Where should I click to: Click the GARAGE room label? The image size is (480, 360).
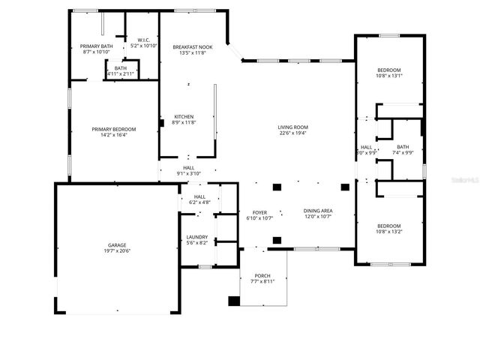(x=116, y=245)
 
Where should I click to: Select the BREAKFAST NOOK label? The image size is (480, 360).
(x=193, y=46)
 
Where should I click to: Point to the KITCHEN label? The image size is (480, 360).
(x=184, y=116)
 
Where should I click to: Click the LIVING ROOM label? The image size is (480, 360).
(x=293, y=127)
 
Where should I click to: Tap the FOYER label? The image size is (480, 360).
(x=259, y=211)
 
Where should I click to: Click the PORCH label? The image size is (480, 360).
(x=262, y=275)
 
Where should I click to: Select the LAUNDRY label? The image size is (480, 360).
(x=197, y=237)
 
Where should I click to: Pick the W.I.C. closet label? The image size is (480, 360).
(x=143, y=40)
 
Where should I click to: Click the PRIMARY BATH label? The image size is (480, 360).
(x=96, y=46)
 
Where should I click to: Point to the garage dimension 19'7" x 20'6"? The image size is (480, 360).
(x=116, y=251)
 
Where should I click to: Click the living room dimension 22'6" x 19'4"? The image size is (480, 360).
(x=293, y=133)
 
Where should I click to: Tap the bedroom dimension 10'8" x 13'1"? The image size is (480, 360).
(x=388, y=75)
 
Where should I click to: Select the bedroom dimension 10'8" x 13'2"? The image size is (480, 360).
(x=388, y=232)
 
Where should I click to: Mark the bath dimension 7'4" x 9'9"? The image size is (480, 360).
(x=403, y=153)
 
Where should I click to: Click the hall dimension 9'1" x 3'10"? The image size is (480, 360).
(x=188, y=173)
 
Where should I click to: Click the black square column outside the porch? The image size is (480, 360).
(x=234, y=301)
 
